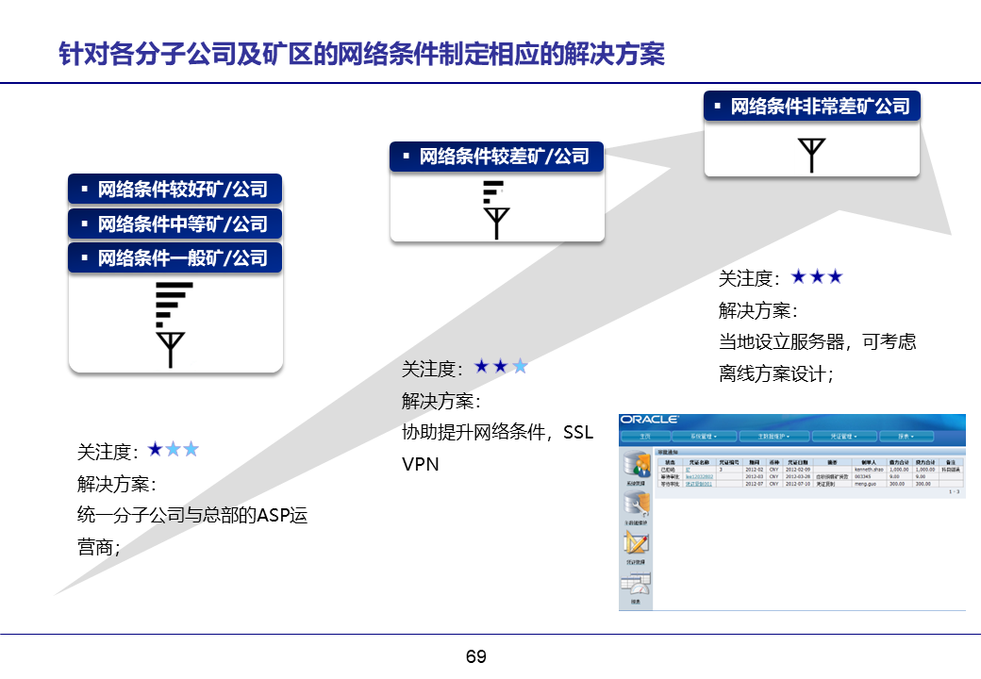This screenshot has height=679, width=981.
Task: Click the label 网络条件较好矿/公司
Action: click(175, 190)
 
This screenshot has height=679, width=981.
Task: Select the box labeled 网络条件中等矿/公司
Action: click(175, 224)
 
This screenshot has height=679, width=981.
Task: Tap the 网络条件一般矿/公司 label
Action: click(175, 257)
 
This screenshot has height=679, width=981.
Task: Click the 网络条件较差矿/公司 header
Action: click(496, 157)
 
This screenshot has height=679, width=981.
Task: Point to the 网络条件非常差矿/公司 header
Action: click(812, 106)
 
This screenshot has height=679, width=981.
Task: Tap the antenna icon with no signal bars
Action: click(810, 155)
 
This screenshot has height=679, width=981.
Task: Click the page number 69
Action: click(476, 656)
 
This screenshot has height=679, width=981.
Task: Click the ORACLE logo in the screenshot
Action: click(651, 420)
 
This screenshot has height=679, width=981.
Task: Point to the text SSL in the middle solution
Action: click(578, 432)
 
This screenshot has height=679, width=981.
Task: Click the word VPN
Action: click(420, 464)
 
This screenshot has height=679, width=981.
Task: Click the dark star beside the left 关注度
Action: click(156, 450)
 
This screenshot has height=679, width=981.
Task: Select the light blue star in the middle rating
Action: click(519, 366)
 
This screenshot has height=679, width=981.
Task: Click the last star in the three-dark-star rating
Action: click(833, 276)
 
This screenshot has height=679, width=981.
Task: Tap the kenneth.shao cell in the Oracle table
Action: click(869, 469)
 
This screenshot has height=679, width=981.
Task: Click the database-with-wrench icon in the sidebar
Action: click(635, 507)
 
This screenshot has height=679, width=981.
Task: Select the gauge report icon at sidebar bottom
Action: click(635, 587)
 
